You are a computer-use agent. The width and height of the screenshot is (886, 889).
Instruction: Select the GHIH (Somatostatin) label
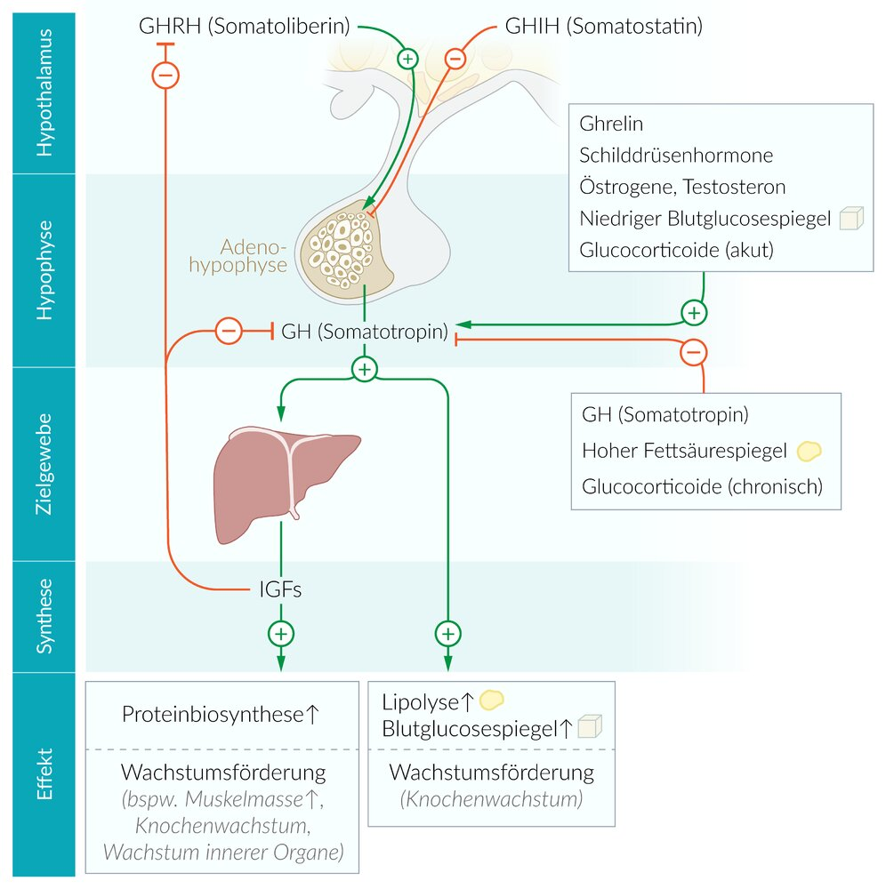pyautogui.click(x=603, y=26)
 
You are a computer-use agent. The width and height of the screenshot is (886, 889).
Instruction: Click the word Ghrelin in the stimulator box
pyautogui.click(x=610, y=124)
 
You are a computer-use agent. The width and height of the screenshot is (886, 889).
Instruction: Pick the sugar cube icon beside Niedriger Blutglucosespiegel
pyautogui.click(x=852, y=219)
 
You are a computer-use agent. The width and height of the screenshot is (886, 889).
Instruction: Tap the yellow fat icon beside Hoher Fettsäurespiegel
pyautogui.click(x=808, y=451)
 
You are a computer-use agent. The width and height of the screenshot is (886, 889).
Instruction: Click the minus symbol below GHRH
pyautogui.click(x=166, y=76)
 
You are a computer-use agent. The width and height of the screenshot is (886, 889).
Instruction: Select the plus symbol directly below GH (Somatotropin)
pyautogui.click(x=364, y=369)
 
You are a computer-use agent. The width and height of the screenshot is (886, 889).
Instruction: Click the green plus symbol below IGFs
pyautogui.click(x=281, y=634)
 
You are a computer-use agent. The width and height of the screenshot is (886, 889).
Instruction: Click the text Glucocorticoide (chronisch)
pyautogui.click(x=702, y=486)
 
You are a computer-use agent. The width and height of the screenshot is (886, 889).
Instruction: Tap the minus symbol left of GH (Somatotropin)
pyautogui.click(x=229, y=332)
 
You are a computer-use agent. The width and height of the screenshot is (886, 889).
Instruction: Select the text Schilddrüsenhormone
pyautogui.click(x=676, y=156)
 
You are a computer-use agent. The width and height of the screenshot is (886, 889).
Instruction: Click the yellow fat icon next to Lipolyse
pyautogui.click(x=492, y=701)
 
